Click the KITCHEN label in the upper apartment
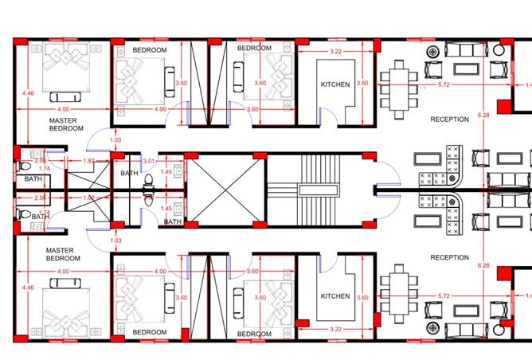pyautogui.click(x=334, y=84)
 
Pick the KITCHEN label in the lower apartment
pyautogui.click(x=334, y=296)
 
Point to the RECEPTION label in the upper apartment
pyautogui.click(x=450, y=119)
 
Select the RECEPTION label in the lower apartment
pyautogui.click(x=450, y=258)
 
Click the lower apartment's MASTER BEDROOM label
pyautogui.click(x=61, y=254)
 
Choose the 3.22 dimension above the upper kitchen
pyautogui.click(x=336, y=52)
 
